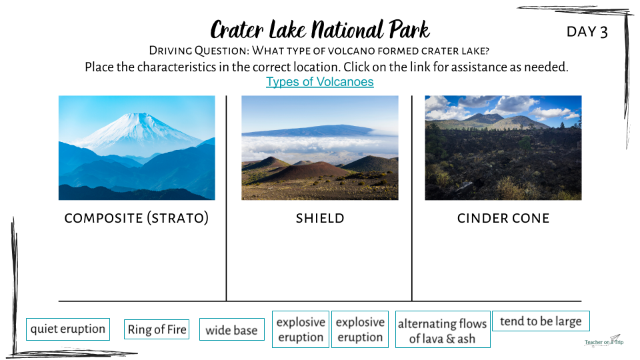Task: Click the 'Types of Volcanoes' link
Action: (x=319, y=81)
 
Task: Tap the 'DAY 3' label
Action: (x=587, y=32)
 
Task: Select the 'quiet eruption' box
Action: (x=68, y=329)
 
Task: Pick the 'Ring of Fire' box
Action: (x=157, y=329)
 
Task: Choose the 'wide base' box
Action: (x=232, y=330)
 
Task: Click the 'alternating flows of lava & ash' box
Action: (x=443, y=329)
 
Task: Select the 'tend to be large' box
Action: (x=541, y=321)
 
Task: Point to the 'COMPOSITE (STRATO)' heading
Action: (x=136, y=218)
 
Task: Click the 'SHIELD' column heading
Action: (x=320, y=219)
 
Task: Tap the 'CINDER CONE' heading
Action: (x=503, y=219)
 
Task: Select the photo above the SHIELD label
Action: (x=320, y=148)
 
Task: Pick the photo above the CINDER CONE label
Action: (x=503, y=148)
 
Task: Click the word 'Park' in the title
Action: (x=409, y=30)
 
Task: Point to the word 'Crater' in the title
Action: (x=237, y=30)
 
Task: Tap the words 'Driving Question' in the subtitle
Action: (x=199, y=51)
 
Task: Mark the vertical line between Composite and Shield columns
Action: (x=226, y=199)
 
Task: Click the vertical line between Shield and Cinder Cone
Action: (x=412, y=199)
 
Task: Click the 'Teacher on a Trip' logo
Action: (x=604, y=341)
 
